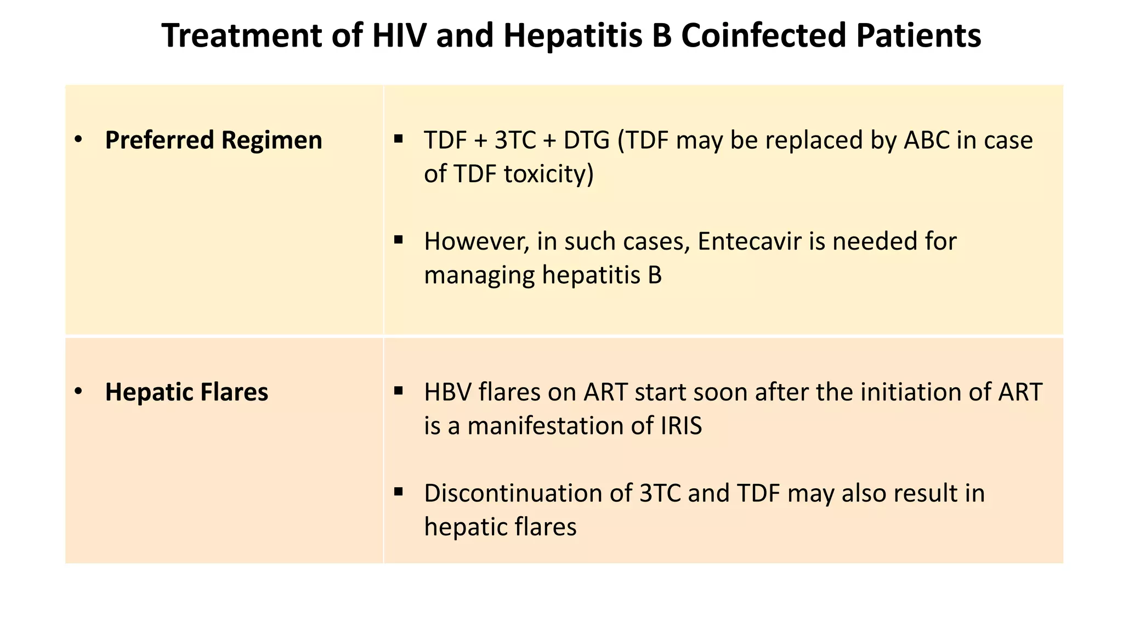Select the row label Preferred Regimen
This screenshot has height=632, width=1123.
[213, 140]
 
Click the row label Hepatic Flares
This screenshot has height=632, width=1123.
[186, 392]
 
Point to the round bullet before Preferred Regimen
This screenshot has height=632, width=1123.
[78, 140]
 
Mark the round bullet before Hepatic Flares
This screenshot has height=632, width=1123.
[78, 392]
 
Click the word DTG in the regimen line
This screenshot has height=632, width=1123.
[586, 140]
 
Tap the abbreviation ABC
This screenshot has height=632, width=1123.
[926, 140]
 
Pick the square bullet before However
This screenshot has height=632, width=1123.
[399, 240]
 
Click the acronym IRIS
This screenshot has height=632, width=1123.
[681, 426]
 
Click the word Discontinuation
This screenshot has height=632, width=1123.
[528, 493]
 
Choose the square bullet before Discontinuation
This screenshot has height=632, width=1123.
[399, 492]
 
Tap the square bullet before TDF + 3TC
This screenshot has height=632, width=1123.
[399, 139]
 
